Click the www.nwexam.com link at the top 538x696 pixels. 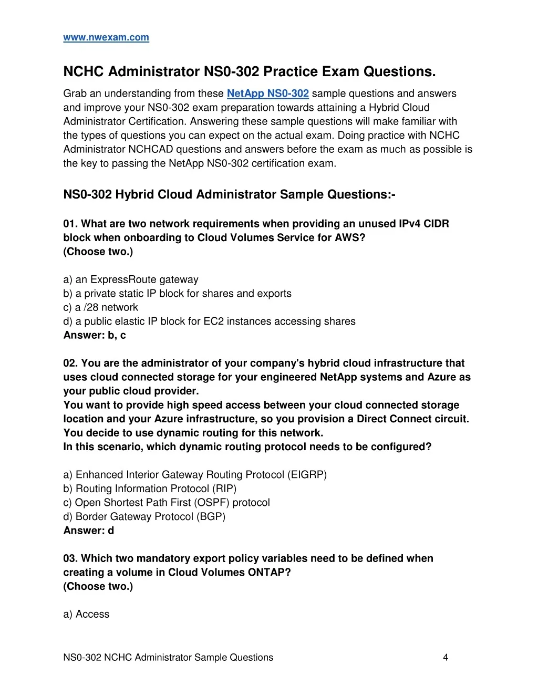tap(106, 37)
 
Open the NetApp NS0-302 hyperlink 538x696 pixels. tap(267, 94)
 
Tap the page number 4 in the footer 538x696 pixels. tap(446, 657)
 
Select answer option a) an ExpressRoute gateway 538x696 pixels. tap(131, 279)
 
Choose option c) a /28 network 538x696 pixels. tap(101, 307)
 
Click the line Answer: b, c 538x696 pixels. tap(95, 335)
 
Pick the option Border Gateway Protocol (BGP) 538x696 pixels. tap(144, 516)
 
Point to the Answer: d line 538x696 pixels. tap(89, 531)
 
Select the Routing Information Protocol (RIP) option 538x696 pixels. tap(150, 489)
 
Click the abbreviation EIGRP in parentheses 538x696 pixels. tap(307, 475)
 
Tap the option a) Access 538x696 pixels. tap(87, 614)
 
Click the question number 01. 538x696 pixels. tap(70, 224)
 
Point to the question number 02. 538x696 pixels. tap(70, 363)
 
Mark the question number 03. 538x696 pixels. tap(70, 558)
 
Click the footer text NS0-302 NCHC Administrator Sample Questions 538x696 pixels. tap(168, 657)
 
